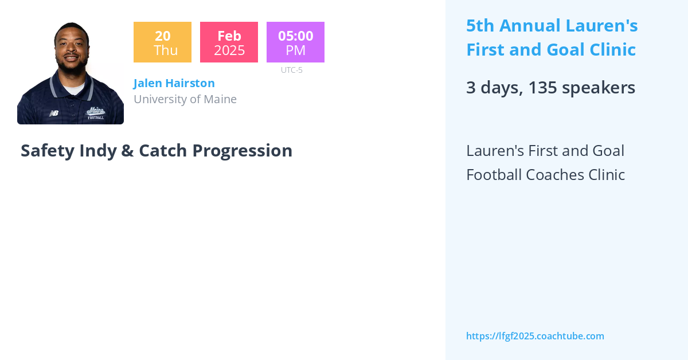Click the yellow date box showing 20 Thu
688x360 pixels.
[162, 42]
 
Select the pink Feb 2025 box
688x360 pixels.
[229, 42]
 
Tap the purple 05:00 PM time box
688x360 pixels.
[295, 42]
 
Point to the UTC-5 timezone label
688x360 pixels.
[291, 70]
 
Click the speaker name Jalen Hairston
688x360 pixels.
[174, 83]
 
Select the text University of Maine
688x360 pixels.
[185, 99]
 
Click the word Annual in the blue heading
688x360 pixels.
[530, 26]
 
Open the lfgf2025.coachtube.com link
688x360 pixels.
[535, 336]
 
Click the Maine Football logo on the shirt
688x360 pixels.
[95, 112]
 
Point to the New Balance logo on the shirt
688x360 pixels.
[53, 113]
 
